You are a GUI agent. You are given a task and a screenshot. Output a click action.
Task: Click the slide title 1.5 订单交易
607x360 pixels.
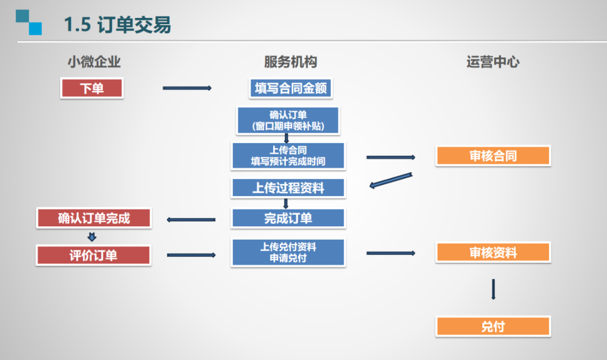pos(117,25)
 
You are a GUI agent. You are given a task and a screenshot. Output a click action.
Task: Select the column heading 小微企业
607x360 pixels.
pos(94,62)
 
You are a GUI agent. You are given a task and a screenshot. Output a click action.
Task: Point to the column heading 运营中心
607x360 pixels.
pos(493,62)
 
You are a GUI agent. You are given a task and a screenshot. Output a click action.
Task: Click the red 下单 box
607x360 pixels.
pos(92,89)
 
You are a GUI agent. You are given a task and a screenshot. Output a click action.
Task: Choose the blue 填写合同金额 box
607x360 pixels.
pos(291,89)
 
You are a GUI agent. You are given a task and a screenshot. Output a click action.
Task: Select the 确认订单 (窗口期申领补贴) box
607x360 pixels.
pos(288,121)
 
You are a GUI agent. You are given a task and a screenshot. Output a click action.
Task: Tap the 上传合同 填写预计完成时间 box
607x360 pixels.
pos(288,156)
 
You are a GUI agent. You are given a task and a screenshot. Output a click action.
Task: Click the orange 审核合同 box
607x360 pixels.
pos(493,156)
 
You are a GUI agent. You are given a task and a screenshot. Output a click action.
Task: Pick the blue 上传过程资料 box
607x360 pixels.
pos(288,188)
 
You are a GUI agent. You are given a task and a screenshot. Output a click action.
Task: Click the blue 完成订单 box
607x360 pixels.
pos(288,218)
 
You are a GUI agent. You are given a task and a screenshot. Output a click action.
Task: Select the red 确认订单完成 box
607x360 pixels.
pos(94,218)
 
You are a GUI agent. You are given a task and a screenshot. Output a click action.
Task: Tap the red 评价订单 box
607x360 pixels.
pos(93,256)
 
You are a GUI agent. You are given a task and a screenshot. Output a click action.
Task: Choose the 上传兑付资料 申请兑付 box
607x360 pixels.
pos(288,253)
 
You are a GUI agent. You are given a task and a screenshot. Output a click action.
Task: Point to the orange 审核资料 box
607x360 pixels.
pos(493,253)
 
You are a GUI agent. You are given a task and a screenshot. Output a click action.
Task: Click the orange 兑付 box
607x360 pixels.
pos(493,326)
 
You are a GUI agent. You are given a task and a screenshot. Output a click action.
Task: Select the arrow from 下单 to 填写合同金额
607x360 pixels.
pos(187,88)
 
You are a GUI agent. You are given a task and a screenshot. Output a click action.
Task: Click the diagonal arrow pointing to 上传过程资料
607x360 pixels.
pos(391,181)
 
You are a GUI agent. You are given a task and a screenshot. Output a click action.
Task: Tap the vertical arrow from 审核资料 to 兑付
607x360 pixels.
pos(493,289)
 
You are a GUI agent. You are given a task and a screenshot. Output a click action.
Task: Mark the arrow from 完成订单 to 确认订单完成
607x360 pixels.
pos(191,220)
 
